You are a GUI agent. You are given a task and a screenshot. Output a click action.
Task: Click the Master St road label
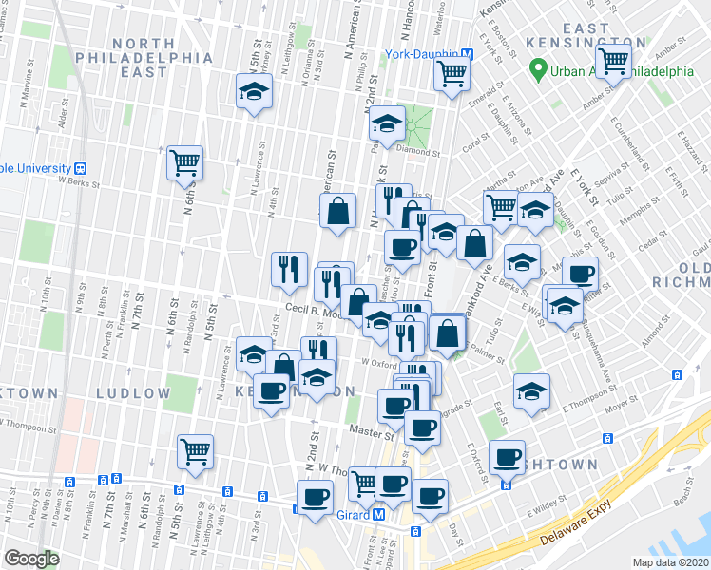pyautogui.click(x=370, y=435)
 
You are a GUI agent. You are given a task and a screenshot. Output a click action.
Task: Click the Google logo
pyautogui.click(x=32, y=559)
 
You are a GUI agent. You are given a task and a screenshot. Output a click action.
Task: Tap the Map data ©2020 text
pyautogui.click(x=671, y=562)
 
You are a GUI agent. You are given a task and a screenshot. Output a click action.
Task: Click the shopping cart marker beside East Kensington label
pyautogui.click(x=615, y=61)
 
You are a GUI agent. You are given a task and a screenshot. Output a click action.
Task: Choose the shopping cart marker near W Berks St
pyautogui.click(x=184, y=162)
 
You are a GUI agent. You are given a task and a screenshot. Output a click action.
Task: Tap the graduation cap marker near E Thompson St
pyautogui.click(x=531, y=389)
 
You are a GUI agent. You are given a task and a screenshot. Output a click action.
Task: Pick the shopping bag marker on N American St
pyautogui.click(x=337, y=212)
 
